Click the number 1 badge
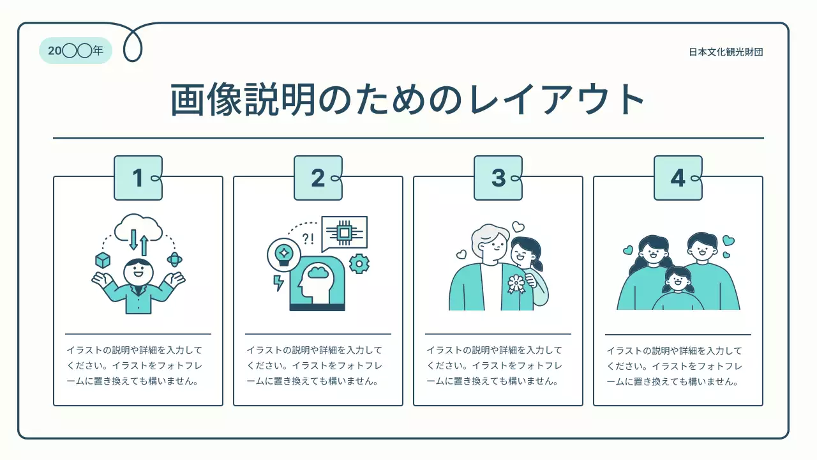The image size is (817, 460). point(138,178)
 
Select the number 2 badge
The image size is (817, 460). point(318,178)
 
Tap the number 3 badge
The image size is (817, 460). point(498,178)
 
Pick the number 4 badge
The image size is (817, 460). point(678,178)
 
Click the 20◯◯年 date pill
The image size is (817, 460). point(75,51)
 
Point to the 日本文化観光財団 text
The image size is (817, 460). point(726,52)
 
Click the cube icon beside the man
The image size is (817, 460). point(102,260)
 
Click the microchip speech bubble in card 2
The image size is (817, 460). point(345,233)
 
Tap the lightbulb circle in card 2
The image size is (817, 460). point(283,253)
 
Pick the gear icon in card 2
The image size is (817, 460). point(359,263)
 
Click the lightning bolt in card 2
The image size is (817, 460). point(278,282)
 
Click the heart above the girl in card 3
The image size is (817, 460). point(518,227)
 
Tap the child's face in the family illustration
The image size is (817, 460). point(677,280)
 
